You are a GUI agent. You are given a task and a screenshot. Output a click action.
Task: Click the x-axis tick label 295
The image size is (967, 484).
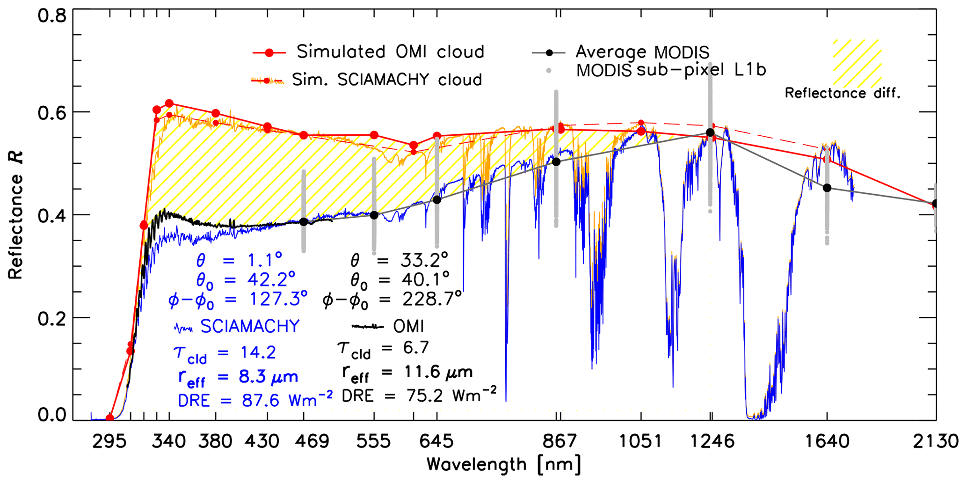point(109,441)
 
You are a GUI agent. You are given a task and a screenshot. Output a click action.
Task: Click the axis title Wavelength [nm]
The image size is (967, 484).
point(504,465)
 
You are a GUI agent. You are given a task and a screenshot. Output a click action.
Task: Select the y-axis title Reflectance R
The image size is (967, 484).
point(15,215)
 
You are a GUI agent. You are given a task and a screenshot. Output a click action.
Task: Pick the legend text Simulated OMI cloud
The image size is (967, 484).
point(390,51)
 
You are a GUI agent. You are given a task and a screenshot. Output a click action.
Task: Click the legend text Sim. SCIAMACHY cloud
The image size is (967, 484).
point(387,80)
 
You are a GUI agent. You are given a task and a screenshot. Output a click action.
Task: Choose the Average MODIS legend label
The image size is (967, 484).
point(642,52)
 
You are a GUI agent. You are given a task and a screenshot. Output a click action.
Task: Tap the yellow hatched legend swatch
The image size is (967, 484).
point(857,63)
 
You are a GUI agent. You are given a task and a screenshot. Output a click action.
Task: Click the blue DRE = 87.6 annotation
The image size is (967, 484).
point(255,400)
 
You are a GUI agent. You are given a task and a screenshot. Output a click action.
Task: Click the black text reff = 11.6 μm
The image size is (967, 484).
point(407,373)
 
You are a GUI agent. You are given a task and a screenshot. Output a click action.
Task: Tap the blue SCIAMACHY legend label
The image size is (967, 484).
point(250,326)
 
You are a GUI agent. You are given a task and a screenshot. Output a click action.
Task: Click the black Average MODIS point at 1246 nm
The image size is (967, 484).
point(710,132)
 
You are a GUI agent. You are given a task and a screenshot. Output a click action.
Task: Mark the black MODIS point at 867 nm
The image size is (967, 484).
point(556,161)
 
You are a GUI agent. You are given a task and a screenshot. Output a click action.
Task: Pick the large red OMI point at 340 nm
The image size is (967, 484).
point(169,103)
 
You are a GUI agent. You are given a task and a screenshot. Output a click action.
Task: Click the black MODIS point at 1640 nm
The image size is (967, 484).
point(827,188)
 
